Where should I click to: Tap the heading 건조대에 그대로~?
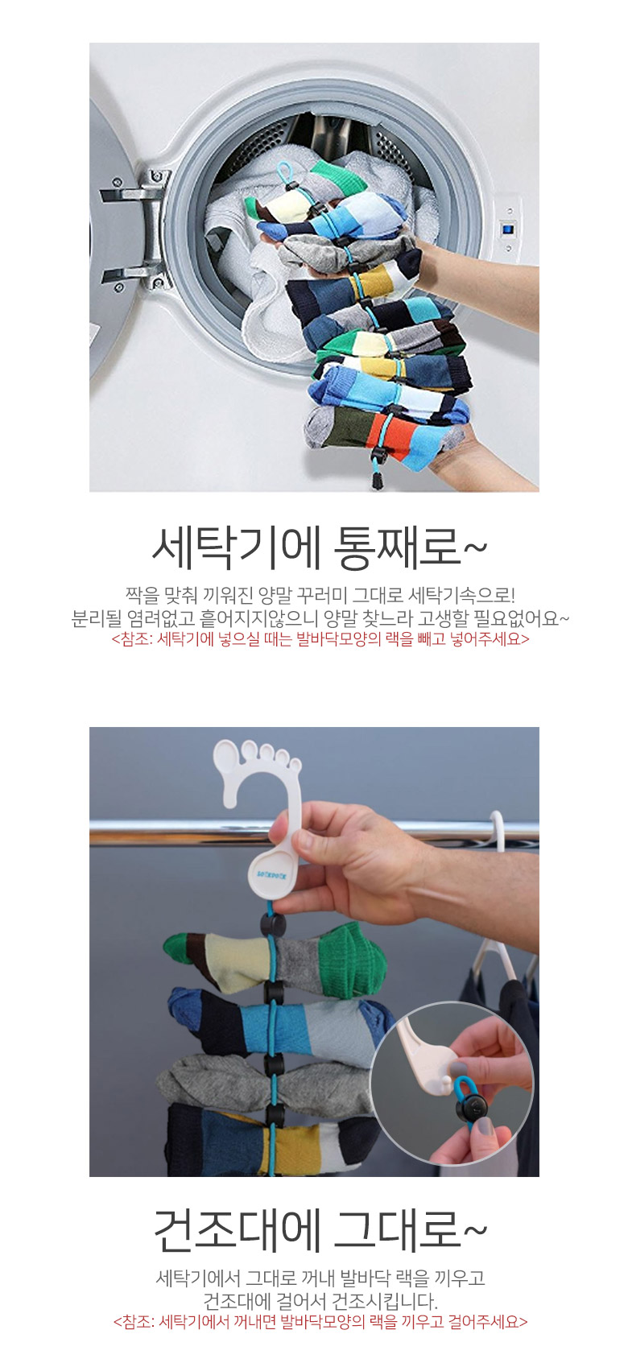(x=320, y=1229)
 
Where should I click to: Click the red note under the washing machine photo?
(x=320, y=639)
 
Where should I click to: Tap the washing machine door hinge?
(x=137, y=230)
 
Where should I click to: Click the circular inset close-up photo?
(x=452, y=1083)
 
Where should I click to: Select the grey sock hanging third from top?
(x=268, y=1082)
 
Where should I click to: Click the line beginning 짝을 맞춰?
(x=320, y=594)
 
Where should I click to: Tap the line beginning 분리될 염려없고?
(x=320, y=618)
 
